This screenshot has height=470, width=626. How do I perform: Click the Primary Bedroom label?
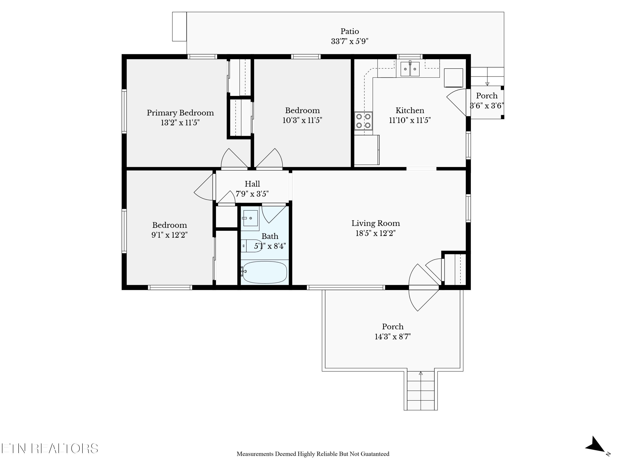tap(180, 113)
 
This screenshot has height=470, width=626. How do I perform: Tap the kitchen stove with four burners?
tap(363, 121)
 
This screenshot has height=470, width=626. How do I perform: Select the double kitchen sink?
tap(410, 69)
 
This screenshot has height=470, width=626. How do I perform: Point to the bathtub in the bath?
tap(265, 272)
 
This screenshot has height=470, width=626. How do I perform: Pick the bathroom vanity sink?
tap(250, 218)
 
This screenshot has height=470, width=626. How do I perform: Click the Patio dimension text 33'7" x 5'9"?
tap(350, 41)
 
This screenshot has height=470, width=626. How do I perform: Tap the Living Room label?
tap(376, 223)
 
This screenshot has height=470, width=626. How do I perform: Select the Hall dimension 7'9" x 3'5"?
tap(252, 194)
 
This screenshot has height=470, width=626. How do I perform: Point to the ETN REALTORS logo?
tap(50, 448)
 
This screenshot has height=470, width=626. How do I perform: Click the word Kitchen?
tap(410, 110)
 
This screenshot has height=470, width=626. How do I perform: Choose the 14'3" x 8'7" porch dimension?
tap(393, 337)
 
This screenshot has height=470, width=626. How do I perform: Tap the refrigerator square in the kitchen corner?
tap(453, 78)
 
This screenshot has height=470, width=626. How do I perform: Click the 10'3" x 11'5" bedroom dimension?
tap(302, 120)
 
